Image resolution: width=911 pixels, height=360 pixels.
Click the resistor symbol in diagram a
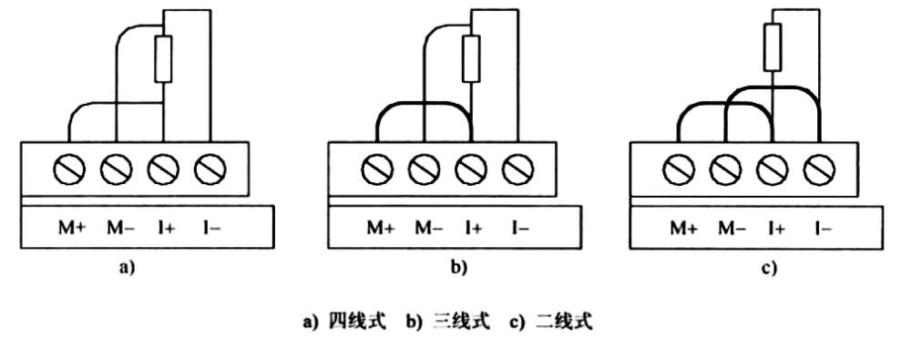point(164,59)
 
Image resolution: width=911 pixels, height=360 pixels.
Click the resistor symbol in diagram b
point(470,59)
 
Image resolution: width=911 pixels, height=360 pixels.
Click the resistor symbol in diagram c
point(772,47)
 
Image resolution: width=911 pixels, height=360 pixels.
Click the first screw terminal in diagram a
point(72,168)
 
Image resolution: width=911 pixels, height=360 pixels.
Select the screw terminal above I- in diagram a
point(210,168)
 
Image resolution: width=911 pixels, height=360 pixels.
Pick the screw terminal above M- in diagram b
point(424,168)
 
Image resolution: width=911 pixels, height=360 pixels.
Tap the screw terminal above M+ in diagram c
point(681,168)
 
